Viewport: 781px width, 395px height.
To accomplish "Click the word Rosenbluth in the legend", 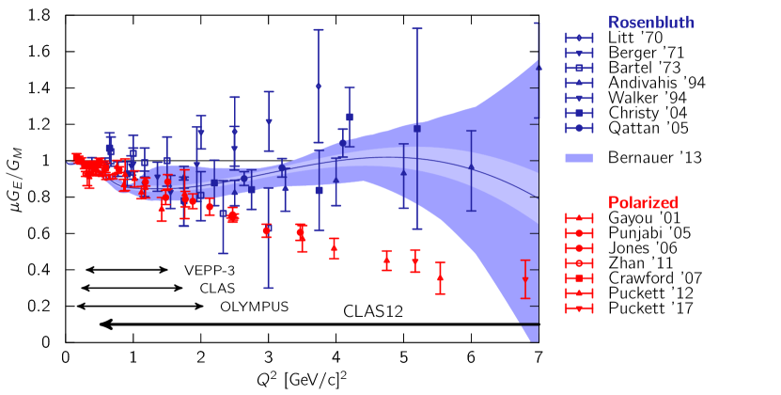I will pyautogui.click(x=650, y=23).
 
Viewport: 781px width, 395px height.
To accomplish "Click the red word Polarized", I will pyautogui.click(x=643, y=202).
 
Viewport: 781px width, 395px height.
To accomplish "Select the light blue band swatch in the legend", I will pyautogui.click(x=579, y=158).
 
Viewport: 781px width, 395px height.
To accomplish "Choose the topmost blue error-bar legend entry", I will pyautogui.click(x=579, y=38).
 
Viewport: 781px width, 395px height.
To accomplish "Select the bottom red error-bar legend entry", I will pyautogui.click(x=579, y=308).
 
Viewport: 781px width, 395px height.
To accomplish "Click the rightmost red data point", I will pyautogui.click(x=525, y=279).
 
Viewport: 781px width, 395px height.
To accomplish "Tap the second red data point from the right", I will pyautogui.click(x=440, y=277).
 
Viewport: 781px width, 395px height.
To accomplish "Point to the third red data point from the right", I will pyautogui.click(x=415, y=261).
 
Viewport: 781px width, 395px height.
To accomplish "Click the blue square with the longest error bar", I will pyautogui.click(x=416, y=128).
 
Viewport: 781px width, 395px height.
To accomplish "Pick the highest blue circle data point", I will pyautogui.click(x=319, y=86).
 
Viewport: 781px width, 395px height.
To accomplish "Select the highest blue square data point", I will pyautogui.click(x=350, y=117).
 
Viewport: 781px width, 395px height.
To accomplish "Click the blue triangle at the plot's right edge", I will pyautogui.click(x=539, y=68).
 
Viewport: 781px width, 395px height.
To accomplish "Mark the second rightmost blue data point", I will pyautogui.click(x=472, y=166).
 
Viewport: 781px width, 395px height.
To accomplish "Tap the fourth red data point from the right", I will pyautogui.click(x=386, y=261).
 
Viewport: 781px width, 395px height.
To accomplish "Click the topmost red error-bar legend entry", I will pyautogui.click(x=579, y=218).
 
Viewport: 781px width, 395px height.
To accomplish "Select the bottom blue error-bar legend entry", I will pyautogui.click(x=579, y=128).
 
